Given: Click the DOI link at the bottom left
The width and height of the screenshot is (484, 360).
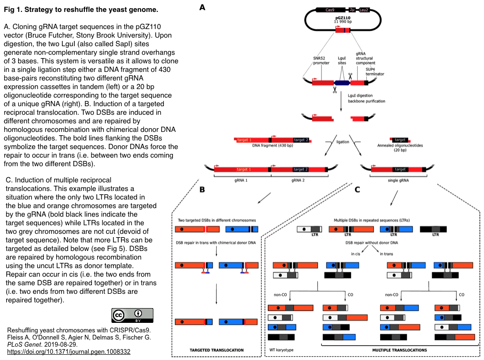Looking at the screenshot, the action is click(69, 352).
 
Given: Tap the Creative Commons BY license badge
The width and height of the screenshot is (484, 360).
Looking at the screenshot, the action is click(132, 315).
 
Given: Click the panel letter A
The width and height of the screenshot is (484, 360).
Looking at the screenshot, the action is click(202, 7).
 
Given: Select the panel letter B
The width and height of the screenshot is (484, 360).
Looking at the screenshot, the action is click(202, 190).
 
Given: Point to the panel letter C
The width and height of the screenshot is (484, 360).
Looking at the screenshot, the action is click(357, 190).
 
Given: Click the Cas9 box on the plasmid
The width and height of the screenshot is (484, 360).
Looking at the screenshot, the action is click(330, 10).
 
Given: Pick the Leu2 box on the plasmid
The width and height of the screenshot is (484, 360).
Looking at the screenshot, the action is click(363, 10).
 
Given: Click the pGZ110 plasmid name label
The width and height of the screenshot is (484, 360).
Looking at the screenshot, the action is click(343, 18).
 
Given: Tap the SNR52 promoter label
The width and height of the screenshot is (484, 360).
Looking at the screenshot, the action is click(321, 60).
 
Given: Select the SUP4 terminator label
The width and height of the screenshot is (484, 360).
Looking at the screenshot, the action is click(375, 71).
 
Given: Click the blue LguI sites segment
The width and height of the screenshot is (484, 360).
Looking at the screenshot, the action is click(342, 83).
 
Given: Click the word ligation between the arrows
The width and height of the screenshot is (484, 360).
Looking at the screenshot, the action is click(343, 142).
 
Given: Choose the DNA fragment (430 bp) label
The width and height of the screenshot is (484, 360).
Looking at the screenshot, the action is click(272, 145).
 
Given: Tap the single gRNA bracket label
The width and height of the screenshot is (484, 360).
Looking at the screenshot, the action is click(398, 180).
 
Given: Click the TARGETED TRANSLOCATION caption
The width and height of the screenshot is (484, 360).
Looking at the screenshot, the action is click(217, 350).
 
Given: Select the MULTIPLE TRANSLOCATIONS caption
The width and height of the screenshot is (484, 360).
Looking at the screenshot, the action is click(400, 350).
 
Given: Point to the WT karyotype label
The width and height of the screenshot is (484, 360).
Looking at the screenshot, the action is click(282, 350).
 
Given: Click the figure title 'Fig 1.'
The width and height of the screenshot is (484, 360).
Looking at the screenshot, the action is click(13, 10).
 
